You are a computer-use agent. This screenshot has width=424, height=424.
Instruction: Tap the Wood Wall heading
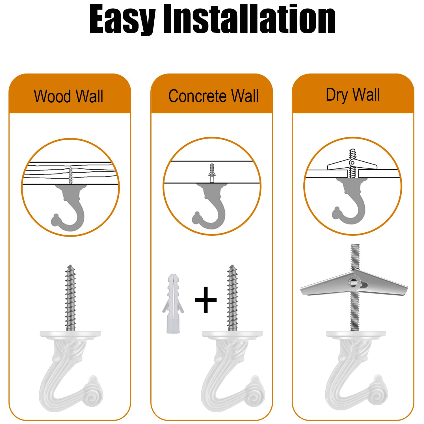[x=69, y=96]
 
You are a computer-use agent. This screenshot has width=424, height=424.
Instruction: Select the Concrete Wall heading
[x=213, y=96]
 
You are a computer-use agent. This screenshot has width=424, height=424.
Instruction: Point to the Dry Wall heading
[x=353, y=95]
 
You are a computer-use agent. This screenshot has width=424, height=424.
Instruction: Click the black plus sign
[x=205, y=300]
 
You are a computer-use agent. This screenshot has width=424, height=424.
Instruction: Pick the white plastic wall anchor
[x=173, y=304]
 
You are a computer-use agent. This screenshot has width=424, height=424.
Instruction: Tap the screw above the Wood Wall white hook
[x=70, y=298]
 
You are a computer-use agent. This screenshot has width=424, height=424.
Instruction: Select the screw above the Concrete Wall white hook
[x=232, y=298]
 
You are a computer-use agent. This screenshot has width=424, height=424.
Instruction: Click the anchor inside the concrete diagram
[x=212, y=173]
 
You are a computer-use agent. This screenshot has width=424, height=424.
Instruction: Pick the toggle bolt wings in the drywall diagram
[x=352, y=164]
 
